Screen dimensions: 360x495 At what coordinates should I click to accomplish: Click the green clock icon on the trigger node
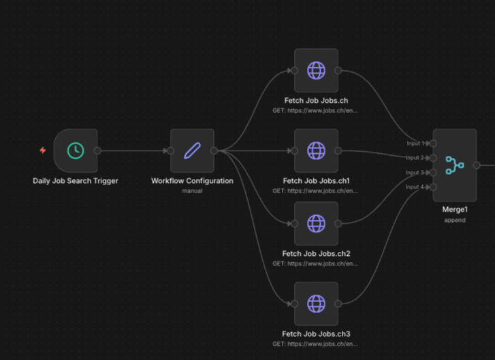point(76,150)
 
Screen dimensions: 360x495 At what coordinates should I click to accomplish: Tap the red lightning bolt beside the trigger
point(43,150)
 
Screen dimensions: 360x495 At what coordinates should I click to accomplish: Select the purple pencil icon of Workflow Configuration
point(192,150)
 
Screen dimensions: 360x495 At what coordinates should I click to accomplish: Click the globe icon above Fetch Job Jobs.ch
point(316,70)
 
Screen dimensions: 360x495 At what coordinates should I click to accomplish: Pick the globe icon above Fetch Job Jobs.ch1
point(316,150)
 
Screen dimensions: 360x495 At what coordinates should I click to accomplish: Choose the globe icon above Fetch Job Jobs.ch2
point(316,223)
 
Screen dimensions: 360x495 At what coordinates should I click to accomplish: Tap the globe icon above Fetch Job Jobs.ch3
point(316,304)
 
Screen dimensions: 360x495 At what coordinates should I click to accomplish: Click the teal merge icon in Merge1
point(454,165)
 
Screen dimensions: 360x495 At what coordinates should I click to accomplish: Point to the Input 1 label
point(415,144)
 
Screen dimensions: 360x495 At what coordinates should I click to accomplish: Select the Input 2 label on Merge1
point(415,158)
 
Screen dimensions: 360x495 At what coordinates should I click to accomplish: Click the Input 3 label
point(415,173)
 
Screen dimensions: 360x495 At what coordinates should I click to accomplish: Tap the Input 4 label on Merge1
point(415,187)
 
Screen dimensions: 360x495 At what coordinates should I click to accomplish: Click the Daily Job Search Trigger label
point(76,181)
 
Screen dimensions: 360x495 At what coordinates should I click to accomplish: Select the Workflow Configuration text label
point(192,181)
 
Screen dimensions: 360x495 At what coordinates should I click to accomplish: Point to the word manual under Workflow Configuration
point(192,191)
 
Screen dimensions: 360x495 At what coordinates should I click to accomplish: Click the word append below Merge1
point(454,220)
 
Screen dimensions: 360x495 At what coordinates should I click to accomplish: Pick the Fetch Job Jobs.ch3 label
point(316,334)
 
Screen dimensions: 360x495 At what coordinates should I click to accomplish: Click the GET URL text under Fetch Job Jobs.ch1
point(315,191)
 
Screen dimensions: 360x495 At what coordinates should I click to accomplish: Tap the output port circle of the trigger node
point(97,150)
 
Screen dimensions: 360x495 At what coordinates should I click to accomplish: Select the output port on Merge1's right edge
point(477,165)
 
